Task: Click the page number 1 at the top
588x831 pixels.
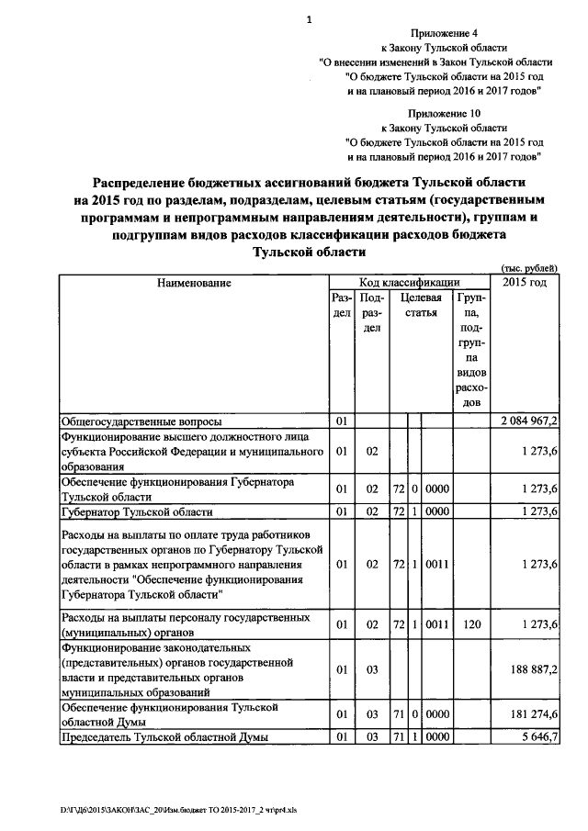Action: tap(309, 19)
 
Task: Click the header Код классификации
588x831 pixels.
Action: tap(410, 283)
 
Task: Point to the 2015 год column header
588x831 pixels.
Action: tap(525, 282)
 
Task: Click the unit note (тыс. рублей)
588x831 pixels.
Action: tap(526, 267)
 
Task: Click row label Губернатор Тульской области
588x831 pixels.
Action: tap(137, 511)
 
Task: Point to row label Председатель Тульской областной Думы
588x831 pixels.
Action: tap(165, 736)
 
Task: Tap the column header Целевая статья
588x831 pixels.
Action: tap(420, 307)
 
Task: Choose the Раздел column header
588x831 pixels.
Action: tap(340, 307)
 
